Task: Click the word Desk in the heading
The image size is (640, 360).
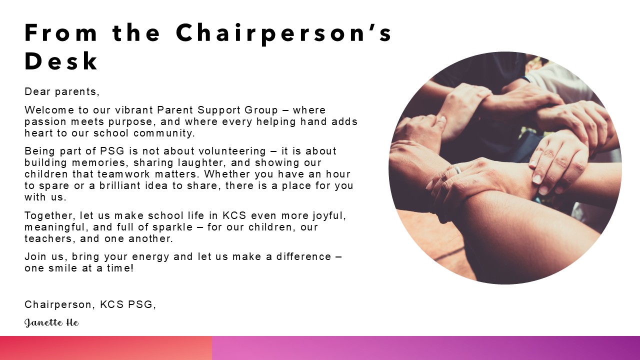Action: coord(61,61)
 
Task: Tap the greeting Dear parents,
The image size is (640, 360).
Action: coord(62,91)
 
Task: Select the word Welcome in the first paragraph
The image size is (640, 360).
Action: coord(49,110)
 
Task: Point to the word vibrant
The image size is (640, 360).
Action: coord(134,110)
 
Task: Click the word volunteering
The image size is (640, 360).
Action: coord(232,151)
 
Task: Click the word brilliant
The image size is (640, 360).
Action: coord(119,185)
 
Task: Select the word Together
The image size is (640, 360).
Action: coord(50,215)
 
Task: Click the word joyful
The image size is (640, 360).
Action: coord(329,215)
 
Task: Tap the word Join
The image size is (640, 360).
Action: coord(35,256)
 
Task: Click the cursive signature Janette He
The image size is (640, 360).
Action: coord(51,323)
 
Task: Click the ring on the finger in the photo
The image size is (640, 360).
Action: coord(457,169)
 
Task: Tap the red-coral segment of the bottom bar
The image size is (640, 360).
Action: coord(106,348)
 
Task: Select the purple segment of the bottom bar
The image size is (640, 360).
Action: coord(426,348)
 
